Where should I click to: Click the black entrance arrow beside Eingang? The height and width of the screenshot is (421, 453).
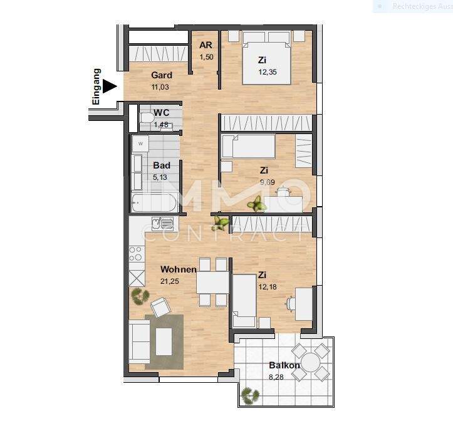click(x=110, y=86)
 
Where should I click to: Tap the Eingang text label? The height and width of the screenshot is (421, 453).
click(x=96, y=86)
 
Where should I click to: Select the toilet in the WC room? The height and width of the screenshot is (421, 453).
click(x=147, y=117)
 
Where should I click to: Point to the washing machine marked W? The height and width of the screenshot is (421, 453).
click(x=140, y=143)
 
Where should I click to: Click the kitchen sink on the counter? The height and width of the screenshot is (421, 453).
click(x=166, y=223)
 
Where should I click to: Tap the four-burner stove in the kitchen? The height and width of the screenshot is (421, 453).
click(x=136, y=253)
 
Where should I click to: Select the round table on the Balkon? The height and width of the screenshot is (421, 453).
click(x=311, y=361)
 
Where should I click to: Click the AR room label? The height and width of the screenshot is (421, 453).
click(x=206, y=46)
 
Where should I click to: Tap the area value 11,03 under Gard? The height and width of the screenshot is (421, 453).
click(x=161, y=88)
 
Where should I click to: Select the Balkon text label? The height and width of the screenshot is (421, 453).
click(x=284, y=365)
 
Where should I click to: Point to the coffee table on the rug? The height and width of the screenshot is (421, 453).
click(x=164, y=341)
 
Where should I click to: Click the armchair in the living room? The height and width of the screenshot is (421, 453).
click(x=160, y=307)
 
